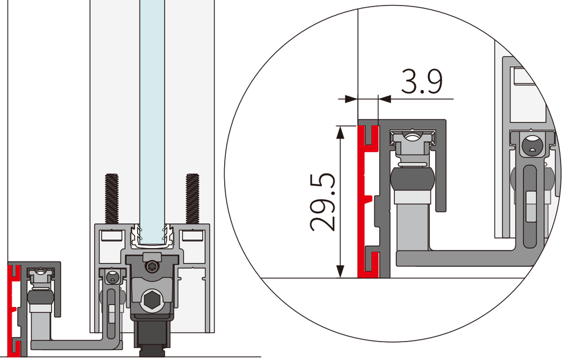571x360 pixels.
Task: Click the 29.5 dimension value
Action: click(323, 202)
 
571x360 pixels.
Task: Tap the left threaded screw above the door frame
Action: click(112, 199)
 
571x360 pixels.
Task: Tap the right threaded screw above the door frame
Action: click(192, 199)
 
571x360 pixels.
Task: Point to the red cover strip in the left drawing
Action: click(14, 311)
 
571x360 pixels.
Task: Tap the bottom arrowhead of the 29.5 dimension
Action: click(340, 271)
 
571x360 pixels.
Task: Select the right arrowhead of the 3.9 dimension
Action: click(385, 99)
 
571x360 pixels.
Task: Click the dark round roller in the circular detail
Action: click(413, 179)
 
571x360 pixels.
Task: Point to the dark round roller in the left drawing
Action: click(40, 298)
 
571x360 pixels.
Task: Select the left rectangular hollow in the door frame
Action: click(111, 235)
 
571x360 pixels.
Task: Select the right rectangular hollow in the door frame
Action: click(192, 235)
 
